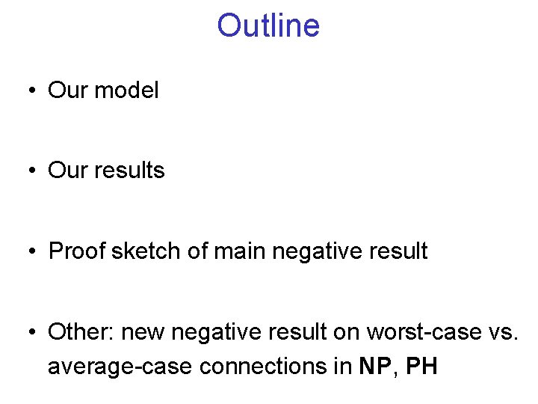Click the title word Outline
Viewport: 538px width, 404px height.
pos(268,26)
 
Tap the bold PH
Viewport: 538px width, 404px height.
pos(421,367)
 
